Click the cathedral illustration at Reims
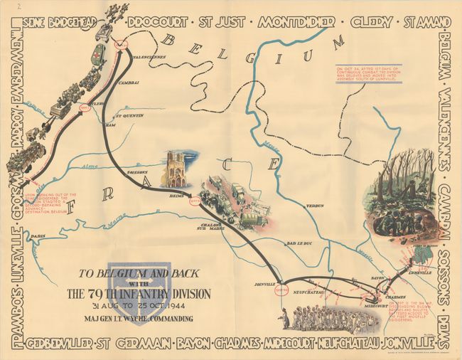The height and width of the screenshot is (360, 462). click(x=176, y=169)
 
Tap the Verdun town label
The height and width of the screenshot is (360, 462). click(x=295, y=206)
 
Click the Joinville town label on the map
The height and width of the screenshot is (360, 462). click(x=264, y=283)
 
